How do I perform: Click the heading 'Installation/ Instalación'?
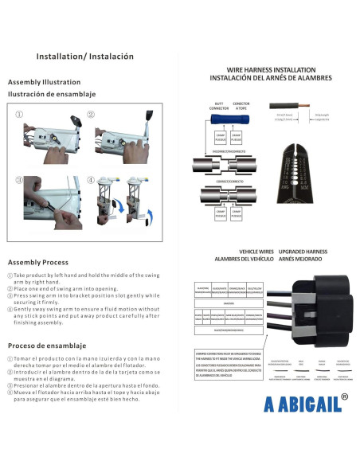(x=85, y=57)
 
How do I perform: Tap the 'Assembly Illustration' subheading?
(x=44, y=82)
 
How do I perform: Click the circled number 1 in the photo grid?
(x=19, y=114)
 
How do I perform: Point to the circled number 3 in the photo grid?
(x=19, y=179)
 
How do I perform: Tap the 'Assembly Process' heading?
(x=38, y=262)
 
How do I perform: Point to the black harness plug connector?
(x=317, y=307)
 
